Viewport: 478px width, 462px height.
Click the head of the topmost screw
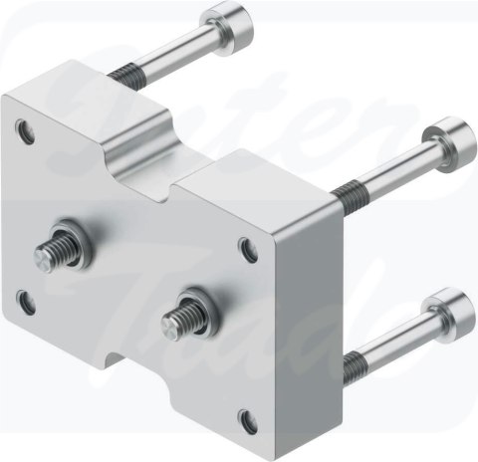click(x=225, y=21)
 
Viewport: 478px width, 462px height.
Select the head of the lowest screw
click(x=447, y=308)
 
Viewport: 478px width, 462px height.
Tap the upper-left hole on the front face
click(x=23, y=128)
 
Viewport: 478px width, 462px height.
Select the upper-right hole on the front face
click(x=247, y=242)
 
